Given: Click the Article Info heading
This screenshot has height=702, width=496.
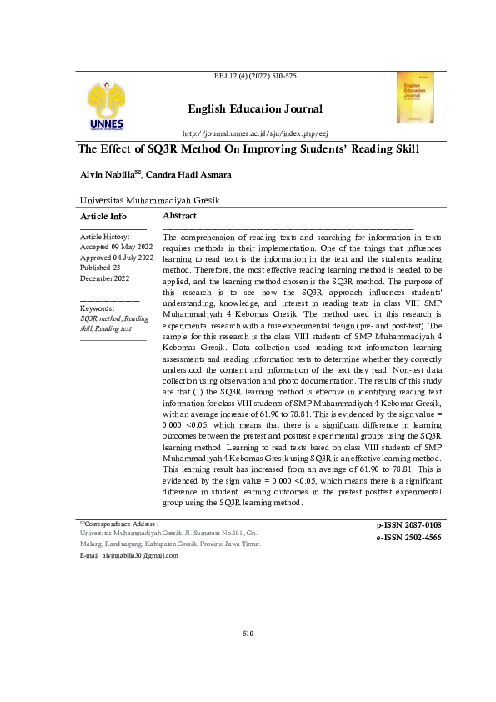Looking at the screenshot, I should [x=103, y=216].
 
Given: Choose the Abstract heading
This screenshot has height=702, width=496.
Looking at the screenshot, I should [x=179, y=216].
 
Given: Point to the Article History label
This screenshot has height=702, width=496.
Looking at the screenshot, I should [x=104, y=238].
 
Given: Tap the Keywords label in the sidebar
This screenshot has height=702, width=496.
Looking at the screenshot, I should [x=97, y=308].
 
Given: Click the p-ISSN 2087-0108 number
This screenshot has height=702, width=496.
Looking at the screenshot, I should [x=408, y=524].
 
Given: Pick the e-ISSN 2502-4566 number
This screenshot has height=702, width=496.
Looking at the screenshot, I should [x=408, y=538].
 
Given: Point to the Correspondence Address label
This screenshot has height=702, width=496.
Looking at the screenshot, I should [x=122, y=522].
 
